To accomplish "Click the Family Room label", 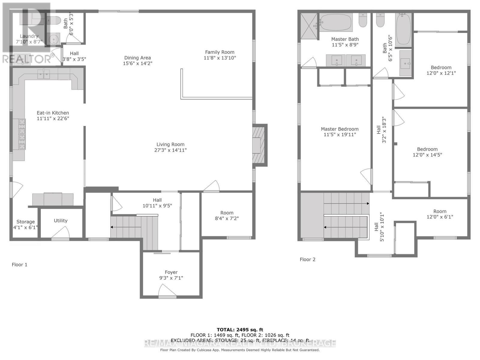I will coord(220,52).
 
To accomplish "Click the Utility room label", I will coord(61,220).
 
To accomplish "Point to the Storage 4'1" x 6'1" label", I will coord(25,224).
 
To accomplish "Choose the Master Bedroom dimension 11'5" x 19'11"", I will coord(340,135).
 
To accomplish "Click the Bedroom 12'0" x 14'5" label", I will coord(427,152).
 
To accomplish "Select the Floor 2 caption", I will coord(307,259).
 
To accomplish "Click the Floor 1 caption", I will coord(19,265).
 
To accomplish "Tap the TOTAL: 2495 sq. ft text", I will coord(240,330).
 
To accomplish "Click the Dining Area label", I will coord(137,58).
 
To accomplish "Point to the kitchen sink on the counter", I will coord(44,74).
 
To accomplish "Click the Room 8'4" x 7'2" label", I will coord(227,216).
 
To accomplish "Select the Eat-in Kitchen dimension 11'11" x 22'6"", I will coord(53,118).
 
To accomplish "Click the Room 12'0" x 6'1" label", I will coord(439,214).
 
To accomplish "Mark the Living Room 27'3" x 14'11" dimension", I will coord(170,150).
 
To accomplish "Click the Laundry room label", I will coord(29,36).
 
